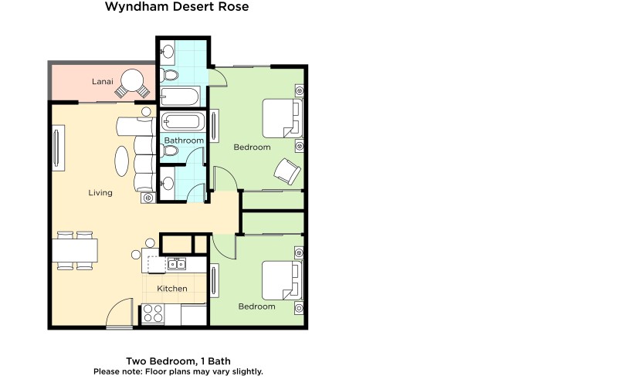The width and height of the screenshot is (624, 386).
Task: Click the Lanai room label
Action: [102, 82]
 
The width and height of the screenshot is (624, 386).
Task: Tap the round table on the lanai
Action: [132, 81]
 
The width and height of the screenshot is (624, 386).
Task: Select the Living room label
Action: [100, 192]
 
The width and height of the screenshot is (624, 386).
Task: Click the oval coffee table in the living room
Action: [122, 161]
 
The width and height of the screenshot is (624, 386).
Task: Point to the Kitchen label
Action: [172, 289]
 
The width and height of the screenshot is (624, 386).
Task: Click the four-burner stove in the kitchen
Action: [153, 313]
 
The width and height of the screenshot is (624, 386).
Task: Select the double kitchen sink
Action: [177, 264]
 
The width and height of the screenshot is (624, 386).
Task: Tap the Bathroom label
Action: [184, 141]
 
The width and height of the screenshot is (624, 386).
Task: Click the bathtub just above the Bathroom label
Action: [183, 121]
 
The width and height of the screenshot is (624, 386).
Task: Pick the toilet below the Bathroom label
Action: [170, 151]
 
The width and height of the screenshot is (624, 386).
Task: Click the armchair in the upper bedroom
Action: [287, 171]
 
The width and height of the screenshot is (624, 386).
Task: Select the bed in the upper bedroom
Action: [283, 118]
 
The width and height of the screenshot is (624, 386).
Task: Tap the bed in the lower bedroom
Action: [282, 280]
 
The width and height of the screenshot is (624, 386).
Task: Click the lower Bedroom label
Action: [256, 306]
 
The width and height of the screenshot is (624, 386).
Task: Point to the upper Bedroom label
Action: [252, 147]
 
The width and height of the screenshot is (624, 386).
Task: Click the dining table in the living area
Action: [75, 250]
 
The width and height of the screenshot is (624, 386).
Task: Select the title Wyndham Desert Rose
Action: [177, 6]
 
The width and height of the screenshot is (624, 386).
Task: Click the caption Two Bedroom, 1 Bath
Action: [178, 361]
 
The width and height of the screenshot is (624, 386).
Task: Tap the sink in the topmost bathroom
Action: [168, 52]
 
